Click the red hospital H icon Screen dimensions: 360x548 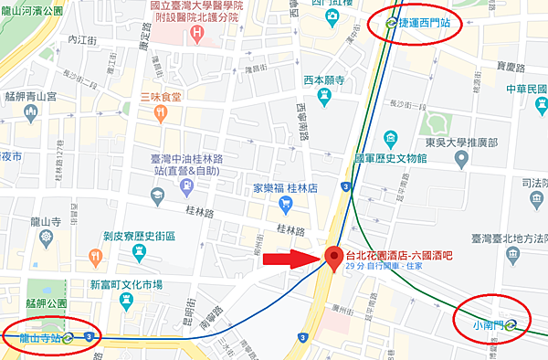[198, 33]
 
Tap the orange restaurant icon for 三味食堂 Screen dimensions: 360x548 [160, 113]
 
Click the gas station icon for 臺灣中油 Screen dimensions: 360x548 [187, 186]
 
